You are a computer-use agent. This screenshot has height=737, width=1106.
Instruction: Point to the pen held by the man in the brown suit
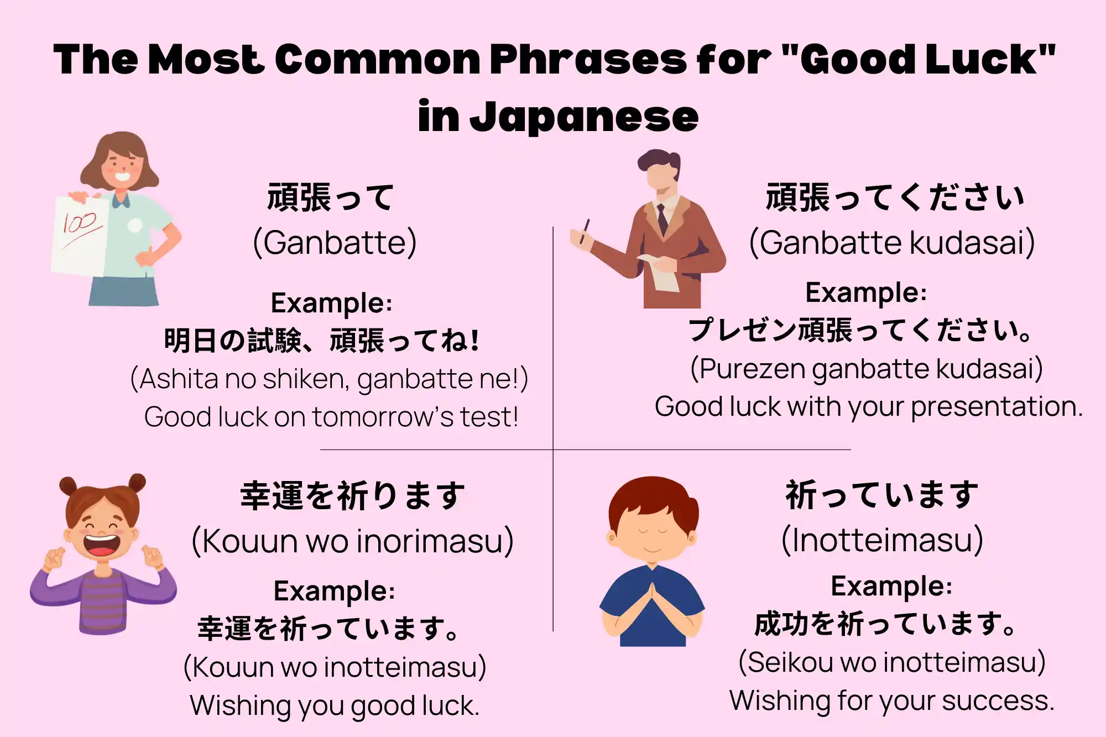[585, 231]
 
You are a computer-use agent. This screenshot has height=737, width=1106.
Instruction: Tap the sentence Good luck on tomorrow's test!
[331, 417]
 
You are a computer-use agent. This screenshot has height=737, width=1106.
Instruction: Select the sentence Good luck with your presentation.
[869, 406]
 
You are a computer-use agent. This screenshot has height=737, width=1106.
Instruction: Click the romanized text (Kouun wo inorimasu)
[352, 541]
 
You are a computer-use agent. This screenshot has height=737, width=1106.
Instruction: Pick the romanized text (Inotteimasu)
[882, 540]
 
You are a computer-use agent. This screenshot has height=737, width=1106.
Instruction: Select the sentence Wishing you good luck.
[335, 705]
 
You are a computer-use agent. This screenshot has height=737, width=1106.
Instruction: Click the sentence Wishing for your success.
[892, 701]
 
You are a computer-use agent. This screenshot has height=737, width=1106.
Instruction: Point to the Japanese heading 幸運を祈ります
[353, 495]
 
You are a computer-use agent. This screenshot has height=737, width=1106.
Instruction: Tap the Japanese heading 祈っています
[882, 494]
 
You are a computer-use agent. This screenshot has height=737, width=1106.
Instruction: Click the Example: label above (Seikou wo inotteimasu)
[891, 586]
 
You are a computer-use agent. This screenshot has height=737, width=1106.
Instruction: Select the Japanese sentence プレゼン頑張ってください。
[860, 330]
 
